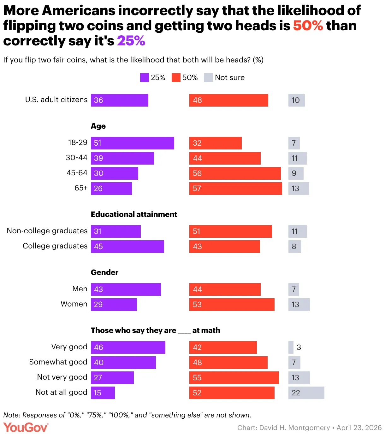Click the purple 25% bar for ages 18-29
point(133,143)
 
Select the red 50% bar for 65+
point(235,189)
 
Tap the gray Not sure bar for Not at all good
point(306,393)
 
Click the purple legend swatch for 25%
point(144,78)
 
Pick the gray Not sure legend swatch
point(208,78)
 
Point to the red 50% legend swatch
point(176,78)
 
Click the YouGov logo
point(26,428)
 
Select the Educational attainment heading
point(134,214)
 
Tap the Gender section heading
point(104,272)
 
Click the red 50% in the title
point(308,26)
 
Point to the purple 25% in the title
point(131,41)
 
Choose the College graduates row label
point(55,246)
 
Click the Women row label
point(74,304)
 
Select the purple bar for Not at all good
point(103,393)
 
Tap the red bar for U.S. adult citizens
point(228,100)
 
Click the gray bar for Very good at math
point(291,347)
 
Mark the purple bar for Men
point(126,289)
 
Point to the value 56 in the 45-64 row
point(197,173)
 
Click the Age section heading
point(98,126)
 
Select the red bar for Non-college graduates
point(230,231)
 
